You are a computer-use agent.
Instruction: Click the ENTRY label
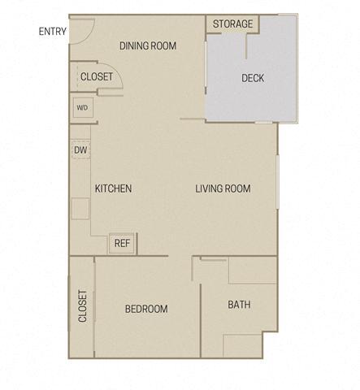click(x=51, y=32)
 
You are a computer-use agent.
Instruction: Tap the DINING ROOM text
click(x=147, y=45)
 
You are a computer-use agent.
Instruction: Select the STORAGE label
click(x=232, y=24)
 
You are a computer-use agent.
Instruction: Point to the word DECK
click(x=253, y=78)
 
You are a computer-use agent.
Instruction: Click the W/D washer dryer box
click(x=82, y=107)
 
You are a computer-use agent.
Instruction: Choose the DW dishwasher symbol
click(x=80, y=149)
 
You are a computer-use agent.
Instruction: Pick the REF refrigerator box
click(x=123, y=242)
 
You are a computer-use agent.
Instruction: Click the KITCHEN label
click(x=113, y=188)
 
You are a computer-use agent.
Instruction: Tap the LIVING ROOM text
click(x=223, y=188)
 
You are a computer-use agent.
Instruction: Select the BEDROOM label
click(x=146, y=309)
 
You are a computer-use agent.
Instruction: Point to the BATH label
click(x=239, y=305)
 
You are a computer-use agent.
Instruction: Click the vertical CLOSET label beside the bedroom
click(x=83, y=306)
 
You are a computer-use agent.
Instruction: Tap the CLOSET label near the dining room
click(x=97, y=76)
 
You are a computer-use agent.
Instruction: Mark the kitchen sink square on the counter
click(x=80, y=208)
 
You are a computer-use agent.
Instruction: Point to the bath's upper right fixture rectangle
click(x=254, y=270)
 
